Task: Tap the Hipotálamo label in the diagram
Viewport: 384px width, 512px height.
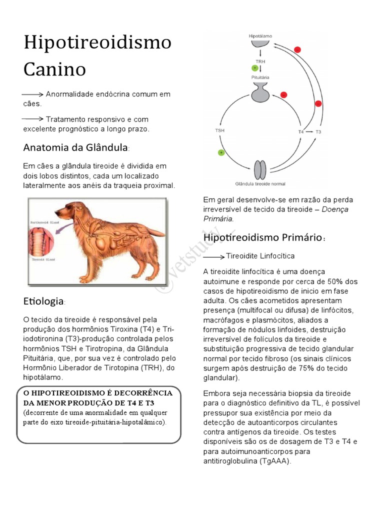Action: click(259, 36)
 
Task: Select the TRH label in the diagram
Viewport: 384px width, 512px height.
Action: click(260, 61)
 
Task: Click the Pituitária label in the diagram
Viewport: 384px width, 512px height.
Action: click(260, 78)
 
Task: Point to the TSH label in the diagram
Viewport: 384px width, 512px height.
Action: click(220, 130)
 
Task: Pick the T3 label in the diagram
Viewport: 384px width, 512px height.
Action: click(318, 131)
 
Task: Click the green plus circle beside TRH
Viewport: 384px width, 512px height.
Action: click(255, 67)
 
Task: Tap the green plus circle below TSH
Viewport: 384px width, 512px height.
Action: click(220, 152)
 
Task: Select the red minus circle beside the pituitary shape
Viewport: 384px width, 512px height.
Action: click(283, 94)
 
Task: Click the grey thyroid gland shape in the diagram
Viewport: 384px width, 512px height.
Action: click(260, 170)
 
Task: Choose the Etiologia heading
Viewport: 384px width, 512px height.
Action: click(43, 301)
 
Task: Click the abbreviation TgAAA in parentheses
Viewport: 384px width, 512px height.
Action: click(274, 461)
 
